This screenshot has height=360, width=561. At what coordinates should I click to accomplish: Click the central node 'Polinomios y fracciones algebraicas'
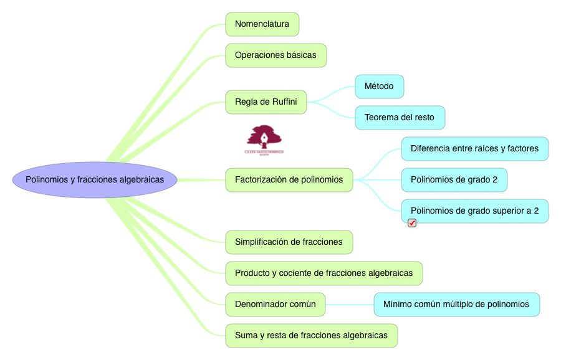tap(95, 180)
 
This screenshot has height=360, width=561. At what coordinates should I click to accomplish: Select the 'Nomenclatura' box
tap(262, 24)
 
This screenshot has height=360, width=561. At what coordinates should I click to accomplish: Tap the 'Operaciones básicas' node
tap(276, 55)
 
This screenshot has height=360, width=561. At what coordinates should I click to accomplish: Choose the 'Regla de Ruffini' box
tap(266, 102)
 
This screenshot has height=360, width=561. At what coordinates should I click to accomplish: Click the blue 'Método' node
tap(379, 87)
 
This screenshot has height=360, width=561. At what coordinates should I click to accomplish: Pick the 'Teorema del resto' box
tap(400, 118)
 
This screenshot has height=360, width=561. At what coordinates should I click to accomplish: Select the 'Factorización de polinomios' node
tap(289, 180)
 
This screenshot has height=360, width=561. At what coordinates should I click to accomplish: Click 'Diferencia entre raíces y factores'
tap(474, 149)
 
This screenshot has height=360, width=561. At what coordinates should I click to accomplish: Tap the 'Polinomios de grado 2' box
tap(454, 180)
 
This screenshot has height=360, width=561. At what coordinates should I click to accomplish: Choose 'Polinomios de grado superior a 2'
tap(474, 211)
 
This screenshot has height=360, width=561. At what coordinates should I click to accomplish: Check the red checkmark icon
tap(412, 223)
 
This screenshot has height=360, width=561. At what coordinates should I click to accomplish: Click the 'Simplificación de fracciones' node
tap(289, 242)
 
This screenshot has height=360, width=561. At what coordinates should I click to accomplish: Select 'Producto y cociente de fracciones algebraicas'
tap(324, 273)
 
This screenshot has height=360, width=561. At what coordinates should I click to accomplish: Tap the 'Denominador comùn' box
tap(275, 305)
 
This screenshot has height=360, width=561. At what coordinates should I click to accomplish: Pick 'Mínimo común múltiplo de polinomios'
tap(456, 305)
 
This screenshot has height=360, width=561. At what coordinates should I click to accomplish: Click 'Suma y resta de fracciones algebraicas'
tap(311, 336)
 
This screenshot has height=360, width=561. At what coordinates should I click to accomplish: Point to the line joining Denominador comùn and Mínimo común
tap(350, 305)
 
